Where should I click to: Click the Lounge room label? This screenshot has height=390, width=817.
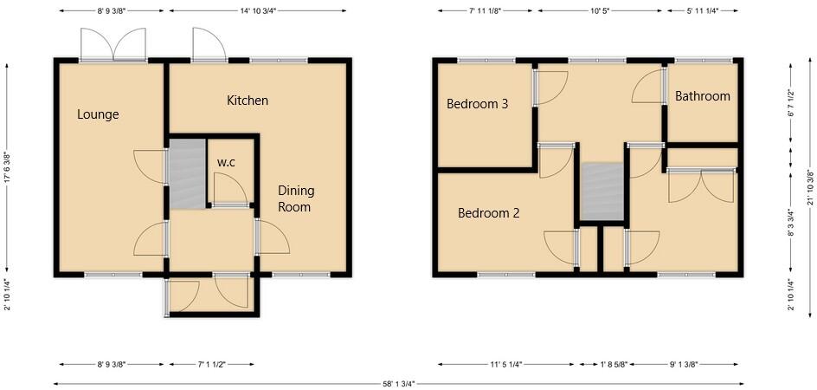click(98, 114)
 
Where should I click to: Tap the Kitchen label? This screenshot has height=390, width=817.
click(248, 101)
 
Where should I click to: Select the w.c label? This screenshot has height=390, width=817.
click(226, 162)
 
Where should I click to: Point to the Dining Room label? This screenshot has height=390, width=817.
click(295, 198)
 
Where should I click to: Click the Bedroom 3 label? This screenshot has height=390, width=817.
click(477, 104)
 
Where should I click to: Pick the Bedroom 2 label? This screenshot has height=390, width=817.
click(488, 212)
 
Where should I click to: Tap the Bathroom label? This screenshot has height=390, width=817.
click(703, 96)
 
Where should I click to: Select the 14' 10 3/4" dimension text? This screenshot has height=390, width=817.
click(259, 10)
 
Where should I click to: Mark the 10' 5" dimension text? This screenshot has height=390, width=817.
click(601, 10)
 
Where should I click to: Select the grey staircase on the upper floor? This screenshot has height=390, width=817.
click(601, 192)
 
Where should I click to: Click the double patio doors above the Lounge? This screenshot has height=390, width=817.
click(113, 44)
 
